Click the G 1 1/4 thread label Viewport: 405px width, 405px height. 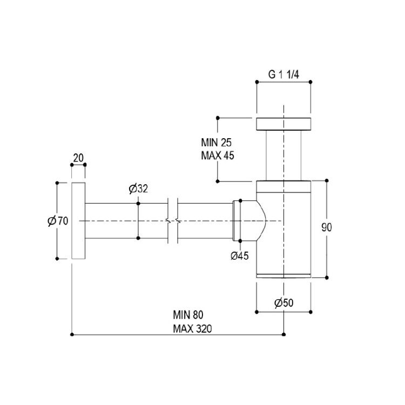tap(283, 75)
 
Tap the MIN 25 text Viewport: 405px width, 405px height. tap(216, 143)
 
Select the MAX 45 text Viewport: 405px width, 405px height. tap(218, 156)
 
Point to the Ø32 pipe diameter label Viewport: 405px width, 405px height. tap(138, 189)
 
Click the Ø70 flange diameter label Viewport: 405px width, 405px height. tap(58, 221)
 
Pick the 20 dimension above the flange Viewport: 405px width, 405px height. tap(78, 158)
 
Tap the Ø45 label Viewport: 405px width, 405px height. tap(239, 256)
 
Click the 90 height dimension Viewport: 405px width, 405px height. tap(327, 227)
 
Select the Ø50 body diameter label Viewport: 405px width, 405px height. tap(284, 303)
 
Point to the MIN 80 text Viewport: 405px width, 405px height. tap(188, 315)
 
